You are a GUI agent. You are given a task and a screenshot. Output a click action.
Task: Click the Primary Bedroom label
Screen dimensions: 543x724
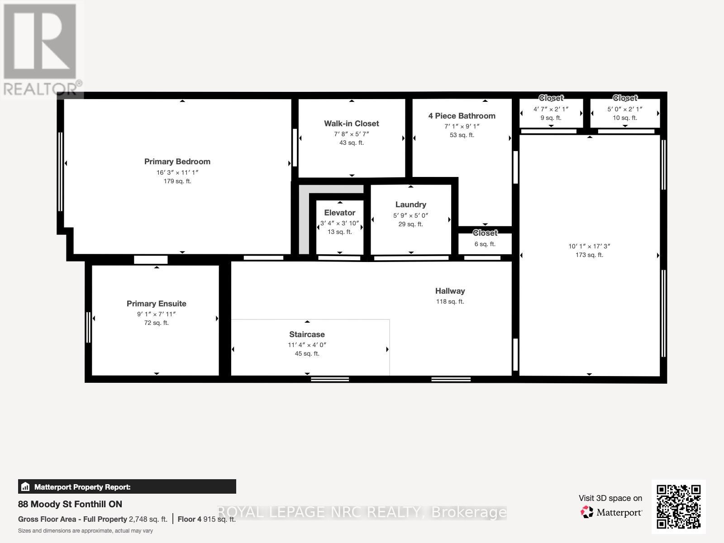point(177,162)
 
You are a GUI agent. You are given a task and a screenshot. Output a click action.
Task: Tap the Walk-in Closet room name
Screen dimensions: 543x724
point(351,124)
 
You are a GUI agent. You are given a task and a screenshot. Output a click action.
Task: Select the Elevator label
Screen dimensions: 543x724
point(339,213)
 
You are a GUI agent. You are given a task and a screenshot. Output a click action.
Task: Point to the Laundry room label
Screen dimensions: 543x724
point(410,205)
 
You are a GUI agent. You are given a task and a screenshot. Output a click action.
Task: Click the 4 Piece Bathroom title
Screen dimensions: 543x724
point(462,116)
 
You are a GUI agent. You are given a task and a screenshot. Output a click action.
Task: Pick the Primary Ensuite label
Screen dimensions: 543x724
point(156,304)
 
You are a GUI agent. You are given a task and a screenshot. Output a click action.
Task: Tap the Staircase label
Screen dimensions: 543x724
point(307,334)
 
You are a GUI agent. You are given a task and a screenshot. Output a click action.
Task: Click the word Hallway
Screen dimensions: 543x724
point(450,291)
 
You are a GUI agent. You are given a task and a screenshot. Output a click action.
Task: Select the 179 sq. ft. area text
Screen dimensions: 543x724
point(177,181)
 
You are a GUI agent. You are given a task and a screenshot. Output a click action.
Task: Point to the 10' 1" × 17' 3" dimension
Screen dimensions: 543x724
point(589,246)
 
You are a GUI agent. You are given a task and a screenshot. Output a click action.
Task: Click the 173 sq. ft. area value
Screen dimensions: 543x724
point(589,255)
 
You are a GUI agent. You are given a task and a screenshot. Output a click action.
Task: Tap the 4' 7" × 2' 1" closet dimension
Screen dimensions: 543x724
point(551,109)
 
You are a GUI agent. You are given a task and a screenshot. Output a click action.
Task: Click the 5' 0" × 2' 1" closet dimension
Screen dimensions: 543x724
point(624,109)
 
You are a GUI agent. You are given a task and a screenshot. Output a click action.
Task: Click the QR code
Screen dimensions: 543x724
point(678,506)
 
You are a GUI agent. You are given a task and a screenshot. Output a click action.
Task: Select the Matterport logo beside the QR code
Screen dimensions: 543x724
point(612,512)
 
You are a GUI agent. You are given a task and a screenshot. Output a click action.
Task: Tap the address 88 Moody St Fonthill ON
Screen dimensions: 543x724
point(70,504)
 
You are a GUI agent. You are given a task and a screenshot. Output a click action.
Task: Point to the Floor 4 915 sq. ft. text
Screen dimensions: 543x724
point(206,519)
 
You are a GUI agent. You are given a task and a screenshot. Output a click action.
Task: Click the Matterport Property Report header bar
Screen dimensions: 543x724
point(127,487)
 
